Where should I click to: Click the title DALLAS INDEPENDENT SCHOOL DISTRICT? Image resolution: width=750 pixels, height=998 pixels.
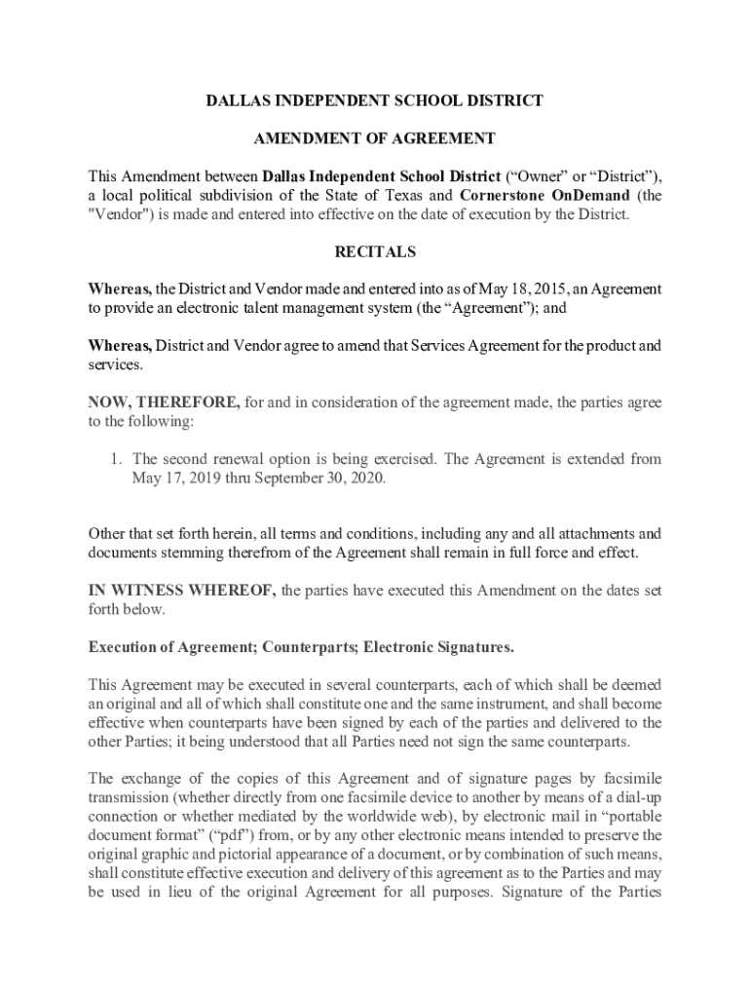(x=375, y=100)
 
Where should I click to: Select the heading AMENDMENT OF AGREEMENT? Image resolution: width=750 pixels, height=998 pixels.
(x=375, y=138)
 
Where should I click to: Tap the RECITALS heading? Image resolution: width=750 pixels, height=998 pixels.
(x=375, y=251)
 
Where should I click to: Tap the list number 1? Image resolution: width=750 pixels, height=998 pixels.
(x=115, y=458)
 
